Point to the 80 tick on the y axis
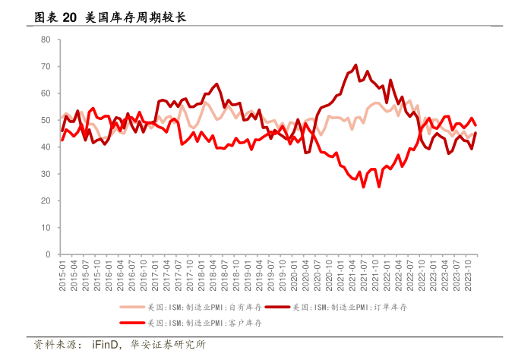click(x=46, y=39)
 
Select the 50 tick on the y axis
click(x=46, y=120)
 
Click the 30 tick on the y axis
click(x=46, y=174)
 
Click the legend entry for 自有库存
click(x=181, y=308)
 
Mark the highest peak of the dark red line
click(x=355, y=65)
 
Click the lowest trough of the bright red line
click(x=363, y=187)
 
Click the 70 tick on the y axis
click(x=46, y=67)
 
